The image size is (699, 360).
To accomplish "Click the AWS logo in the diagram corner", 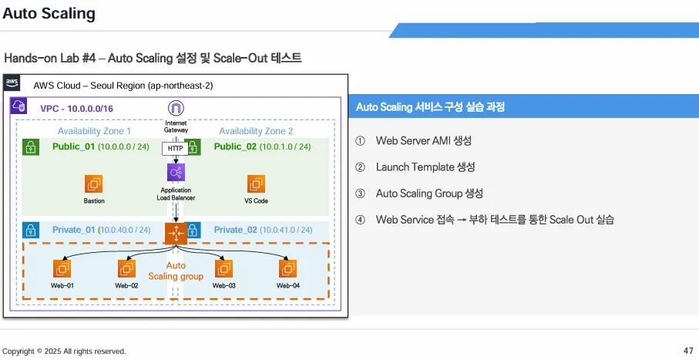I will click(12, 83).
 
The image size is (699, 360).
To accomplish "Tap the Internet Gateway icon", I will click(176, 108).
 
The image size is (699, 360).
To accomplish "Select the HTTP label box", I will click(176, 148).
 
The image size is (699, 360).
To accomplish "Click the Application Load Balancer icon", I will click(176, 173).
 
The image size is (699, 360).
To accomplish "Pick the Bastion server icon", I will click(94, 184).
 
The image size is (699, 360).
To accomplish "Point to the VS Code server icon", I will click(256, 184).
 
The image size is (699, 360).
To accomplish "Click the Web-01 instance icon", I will click(62, 268).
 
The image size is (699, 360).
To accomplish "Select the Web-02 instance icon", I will click(126, 268).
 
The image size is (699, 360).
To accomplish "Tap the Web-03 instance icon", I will click(223, 268).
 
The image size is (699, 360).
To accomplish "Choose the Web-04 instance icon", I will click(288, 268).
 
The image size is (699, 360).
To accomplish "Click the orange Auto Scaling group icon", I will click(176, 233).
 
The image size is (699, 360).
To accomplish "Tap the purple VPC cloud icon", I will click(19, 107).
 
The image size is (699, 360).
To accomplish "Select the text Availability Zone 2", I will click(256, 131).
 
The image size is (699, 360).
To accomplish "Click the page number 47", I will click(688, 351).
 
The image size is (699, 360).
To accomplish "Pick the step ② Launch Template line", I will click(425, 167).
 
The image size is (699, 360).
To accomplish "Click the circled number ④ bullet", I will click(360, 220).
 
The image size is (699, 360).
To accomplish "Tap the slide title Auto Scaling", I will click(49, 13).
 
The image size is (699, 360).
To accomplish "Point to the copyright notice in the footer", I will click(64, 352).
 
